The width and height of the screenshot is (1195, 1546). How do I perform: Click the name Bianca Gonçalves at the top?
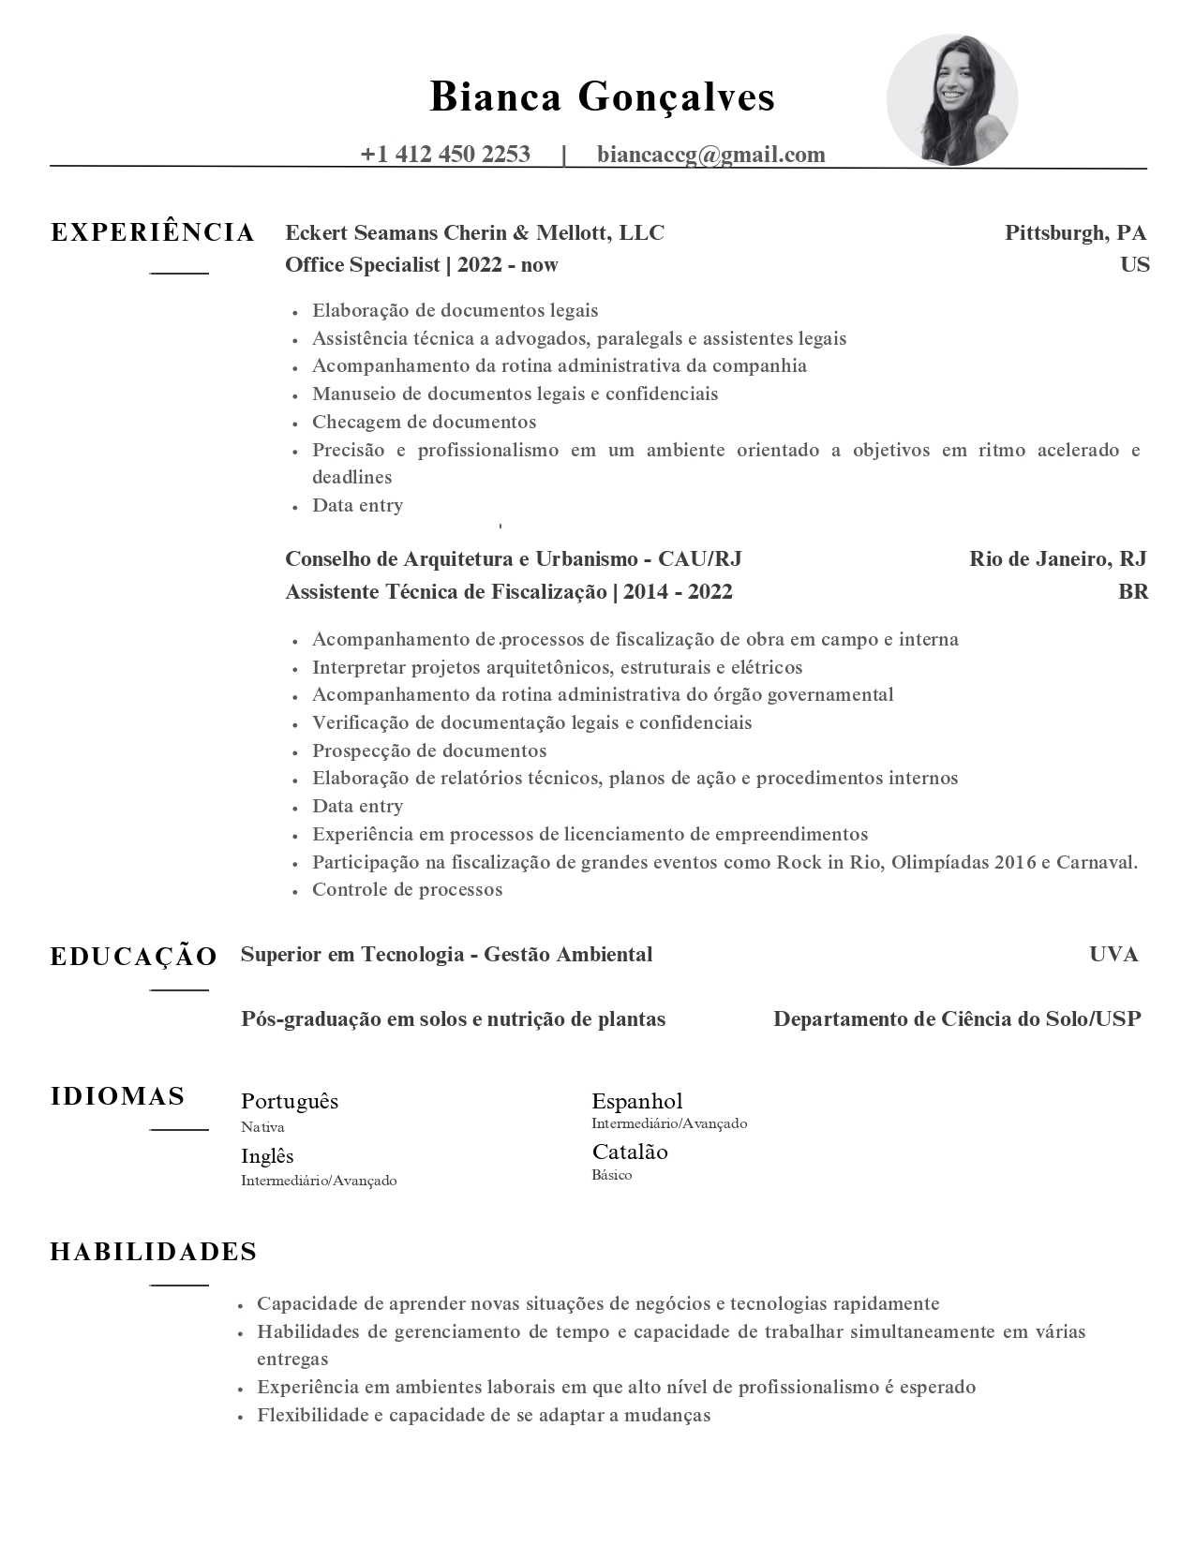point(602,97)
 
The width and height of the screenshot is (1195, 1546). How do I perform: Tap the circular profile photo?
point(951,100)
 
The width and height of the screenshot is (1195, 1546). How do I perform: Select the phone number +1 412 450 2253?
point(445,155)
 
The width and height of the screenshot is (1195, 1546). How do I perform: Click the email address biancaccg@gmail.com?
point(710,155)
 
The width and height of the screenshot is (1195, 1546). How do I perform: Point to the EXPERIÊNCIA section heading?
point(153,233)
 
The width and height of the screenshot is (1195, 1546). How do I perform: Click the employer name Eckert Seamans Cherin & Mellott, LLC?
point(474,232)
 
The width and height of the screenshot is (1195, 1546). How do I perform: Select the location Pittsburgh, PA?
point(1075,232)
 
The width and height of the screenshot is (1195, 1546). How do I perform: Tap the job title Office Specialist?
point(362,265)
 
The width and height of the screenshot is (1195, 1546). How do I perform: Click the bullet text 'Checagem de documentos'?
point(424,422)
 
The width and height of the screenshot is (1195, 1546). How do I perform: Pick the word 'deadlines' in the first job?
point(351,477)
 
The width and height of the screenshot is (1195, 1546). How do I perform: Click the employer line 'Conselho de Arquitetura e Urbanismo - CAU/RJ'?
point(513,559)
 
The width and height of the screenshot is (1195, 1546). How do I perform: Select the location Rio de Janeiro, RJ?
point(1057,559)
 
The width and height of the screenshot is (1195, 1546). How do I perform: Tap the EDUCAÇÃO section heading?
point(134,957)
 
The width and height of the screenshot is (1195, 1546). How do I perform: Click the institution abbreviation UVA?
point(1113,955)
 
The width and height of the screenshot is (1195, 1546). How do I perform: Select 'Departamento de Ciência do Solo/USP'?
point(957,1019)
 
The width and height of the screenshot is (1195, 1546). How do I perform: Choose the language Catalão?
point(629,1152)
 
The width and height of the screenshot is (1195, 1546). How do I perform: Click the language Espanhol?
point(636,1101)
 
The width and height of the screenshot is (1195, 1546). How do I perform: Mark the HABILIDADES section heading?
point(154,1252)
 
